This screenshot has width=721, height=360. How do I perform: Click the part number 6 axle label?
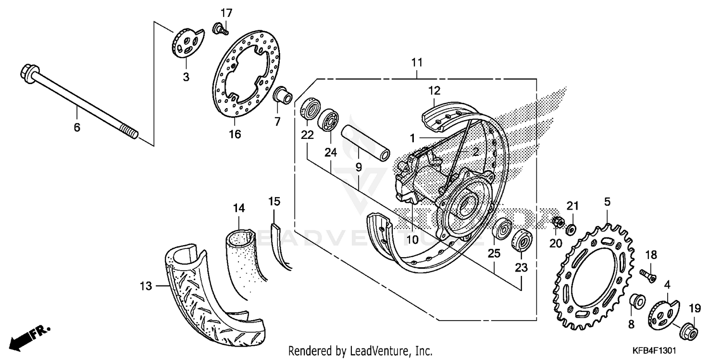point(77,127)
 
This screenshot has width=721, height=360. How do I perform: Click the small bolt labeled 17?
point(220,29)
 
